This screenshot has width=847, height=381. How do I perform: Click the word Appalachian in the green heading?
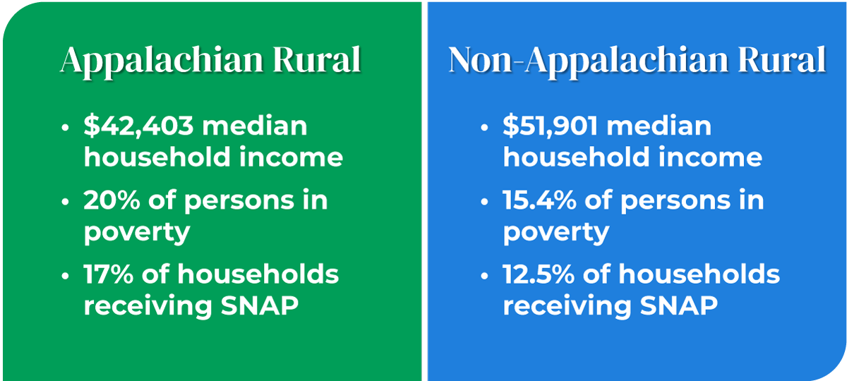pyautogui.click(x=152, y=61)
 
